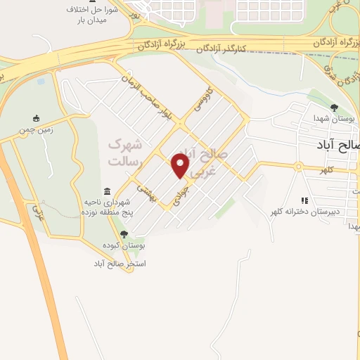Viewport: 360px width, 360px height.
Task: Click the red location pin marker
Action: tap(181, 165)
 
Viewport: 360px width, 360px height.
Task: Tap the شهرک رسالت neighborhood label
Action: tap(124, 153)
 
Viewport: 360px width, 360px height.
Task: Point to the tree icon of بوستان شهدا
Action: tap(333, 107)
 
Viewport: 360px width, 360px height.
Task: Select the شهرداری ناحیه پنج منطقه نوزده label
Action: tap(106, 207)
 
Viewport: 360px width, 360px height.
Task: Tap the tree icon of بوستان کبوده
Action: tap(124, 234)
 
